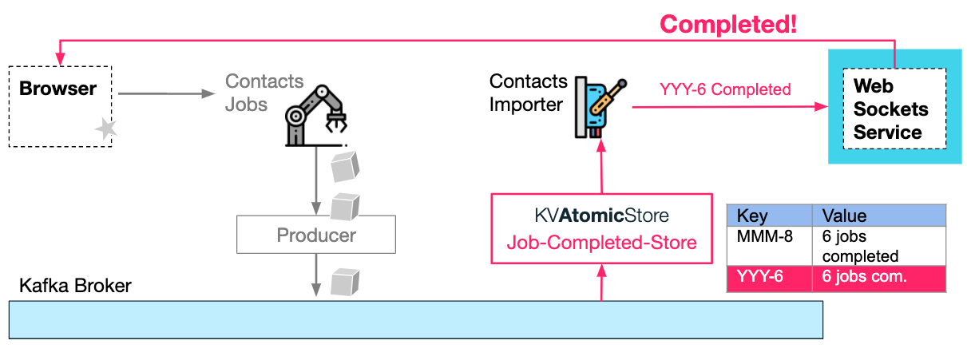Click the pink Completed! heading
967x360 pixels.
728,24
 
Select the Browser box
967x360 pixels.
60,105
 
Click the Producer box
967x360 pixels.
316,235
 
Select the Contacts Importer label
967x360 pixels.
528,93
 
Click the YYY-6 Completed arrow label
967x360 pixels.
725,89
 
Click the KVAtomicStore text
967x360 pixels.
601,216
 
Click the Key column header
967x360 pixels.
768,216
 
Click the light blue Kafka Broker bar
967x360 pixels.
415,319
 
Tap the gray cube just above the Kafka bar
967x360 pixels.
345,282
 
